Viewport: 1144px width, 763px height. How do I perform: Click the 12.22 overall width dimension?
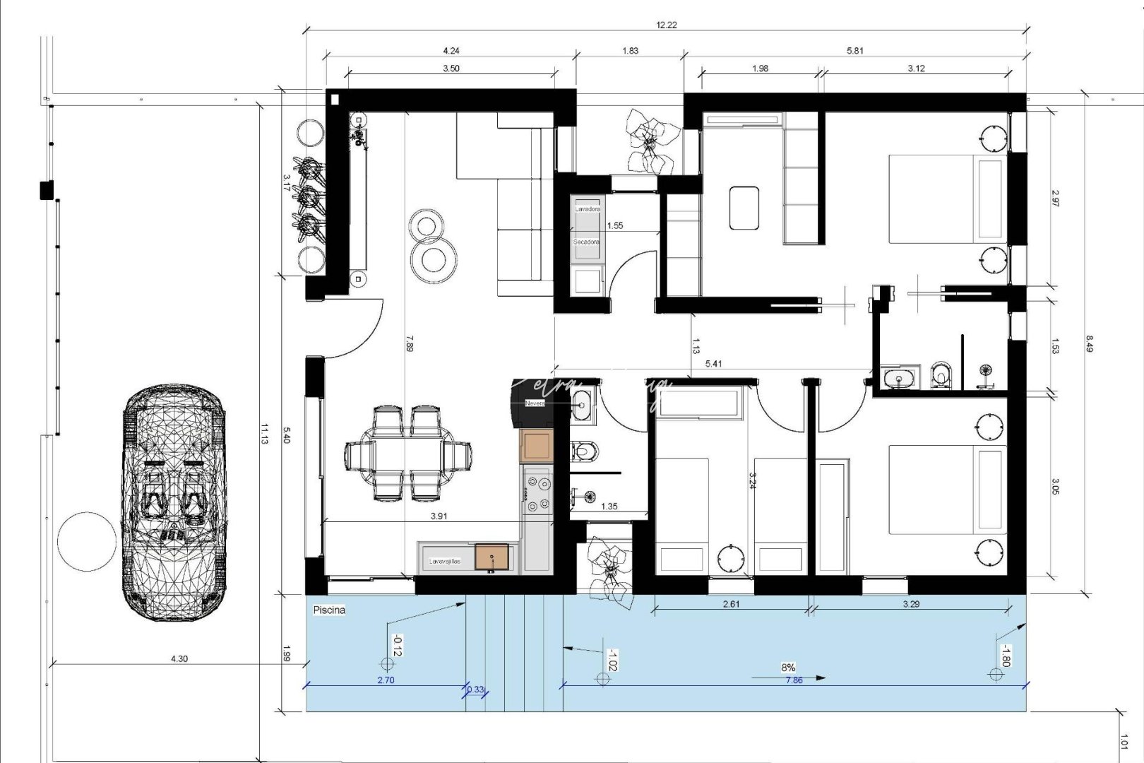tap(666, 25)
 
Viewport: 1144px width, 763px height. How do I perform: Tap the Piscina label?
tap(329, 610)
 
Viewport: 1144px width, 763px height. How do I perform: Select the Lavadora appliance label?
tap(587, 209)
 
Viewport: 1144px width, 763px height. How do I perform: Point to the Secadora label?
tap(586, 242)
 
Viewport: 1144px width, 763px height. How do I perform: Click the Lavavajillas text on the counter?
tap(445, 561)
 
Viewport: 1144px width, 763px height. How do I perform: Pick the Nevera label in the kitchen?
tap(535, 403)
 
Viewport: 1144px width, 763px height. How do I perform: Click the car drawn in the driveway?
tap(174, 502)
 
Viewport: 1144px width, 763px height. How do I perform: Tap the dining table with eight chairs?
tap(407, 453)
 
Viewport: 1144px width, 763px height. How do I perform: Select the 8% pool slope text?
tap(788, 667)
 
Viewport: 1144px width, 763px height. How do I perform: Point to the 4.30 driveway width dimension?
tap(179, 658)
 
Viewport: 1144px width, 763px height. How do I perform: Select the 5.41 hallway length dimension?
tap(713, 364)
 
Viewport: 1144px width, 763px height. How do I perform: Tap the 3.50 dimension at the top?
tap(451, 69)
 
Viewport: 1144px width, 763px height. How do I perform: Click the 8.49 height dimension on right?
tap(1089, 343)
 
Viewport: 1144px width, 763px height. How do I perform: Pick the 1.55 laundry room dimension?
tap(615, 225)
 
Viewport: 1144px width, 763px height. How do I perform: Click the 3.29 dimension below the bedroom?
tap(911, 604)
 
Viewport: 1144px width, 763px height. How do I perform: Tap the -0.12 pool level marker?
tap(398, 646)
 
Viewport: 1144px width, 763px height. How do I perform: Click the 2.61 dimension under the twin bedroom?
tap(732, 604)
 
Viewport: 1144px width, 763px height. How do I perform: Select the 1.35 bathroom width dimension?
tap(609, 506)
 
